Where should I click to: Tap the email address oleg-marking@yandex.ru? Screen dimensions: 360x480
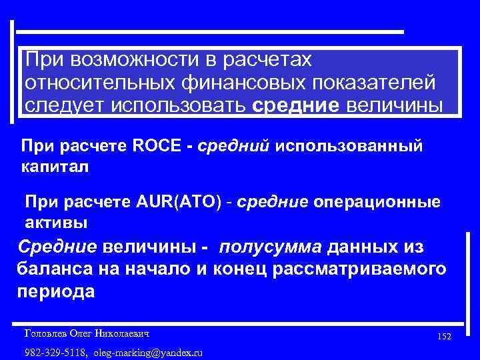(x=149, y=352)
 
